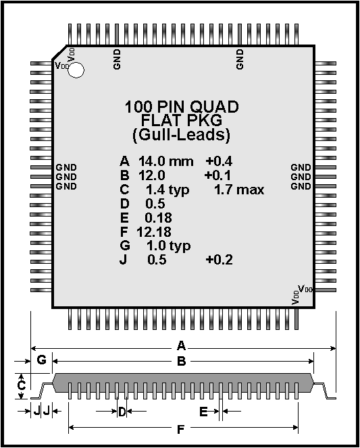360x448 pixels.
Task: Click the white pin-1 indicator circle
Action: (x=76, y=70)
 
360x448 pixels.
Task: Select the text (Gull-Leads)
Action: (x=181, y=135)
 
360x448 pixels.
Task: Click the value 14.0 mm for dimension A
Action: (x=166, y=161)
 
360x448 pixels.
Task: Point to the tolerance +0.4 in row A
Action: (x=219, y=161)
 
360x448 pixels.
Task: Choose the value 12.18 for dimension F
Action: (x=154, y=231)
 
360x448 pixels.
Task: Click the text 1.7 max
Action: (x=239, y=190)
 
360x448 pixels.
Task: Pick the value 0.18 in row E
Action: (x=159, y=218)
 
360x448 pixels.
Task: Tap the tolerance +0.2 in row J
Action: (x=219, y=260)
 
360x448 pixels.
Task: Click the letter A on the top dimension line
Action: (x=181, y=346)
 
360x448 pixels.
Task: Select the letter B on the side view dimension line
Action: (x=182, y=362)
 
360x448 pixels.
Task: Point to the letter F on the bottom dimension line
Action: (x=181, y=429)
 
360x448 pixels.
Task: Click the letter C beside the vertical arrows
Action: (x=22, y=385)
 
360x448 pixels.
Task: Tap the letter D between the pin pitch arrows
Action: (x=122, y=412)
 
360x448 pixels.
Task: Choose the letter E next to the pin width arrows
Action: (x=203, y=412)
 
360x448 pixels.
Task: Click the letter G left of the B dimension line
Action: (x=42, y=360)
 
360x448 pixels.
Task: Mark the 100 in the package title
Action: (x=138, y=107)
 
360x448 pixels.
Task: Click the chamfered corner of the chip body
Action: (x=59, y=52)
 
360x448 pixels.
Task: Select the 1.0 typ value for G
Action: (x=168, y=246)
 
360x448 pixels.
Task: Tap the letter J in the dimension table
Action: (x=123, y=260)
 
